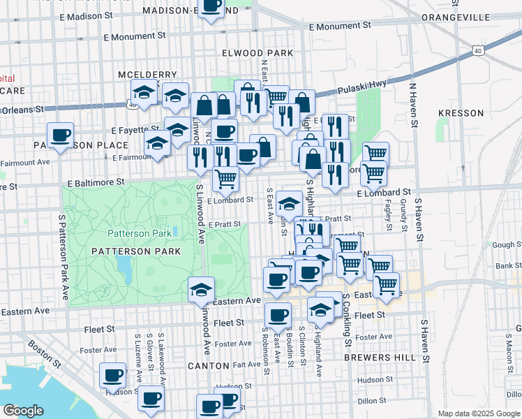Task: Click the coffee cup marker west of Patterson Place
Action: pyautogui.click(x=60, y=135)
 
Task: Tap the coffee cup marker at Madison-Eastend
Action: pyautogui.click(x=211, y=8)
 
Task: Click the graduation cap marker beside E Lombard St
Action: pyautogui.click(x=289, y=204)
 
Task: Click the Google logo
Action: pyautogui.click(x=24, y=411)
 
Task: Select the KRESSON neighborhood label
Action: pyautogui.click(x=461, y=113)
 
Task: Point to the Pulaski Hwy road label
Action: pyautogui.click(x=361, y=88)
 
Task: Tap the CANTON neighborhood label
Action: pyautogui.click(x=208, y=365)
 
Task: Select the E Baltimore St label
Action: pyautogui.click(x=96, y=182)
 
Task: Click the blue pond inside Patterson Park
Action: pyautogui.click(x=124, y=266)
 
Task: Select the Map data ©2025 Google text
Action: pyautogui.click(x=478, y=413)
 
